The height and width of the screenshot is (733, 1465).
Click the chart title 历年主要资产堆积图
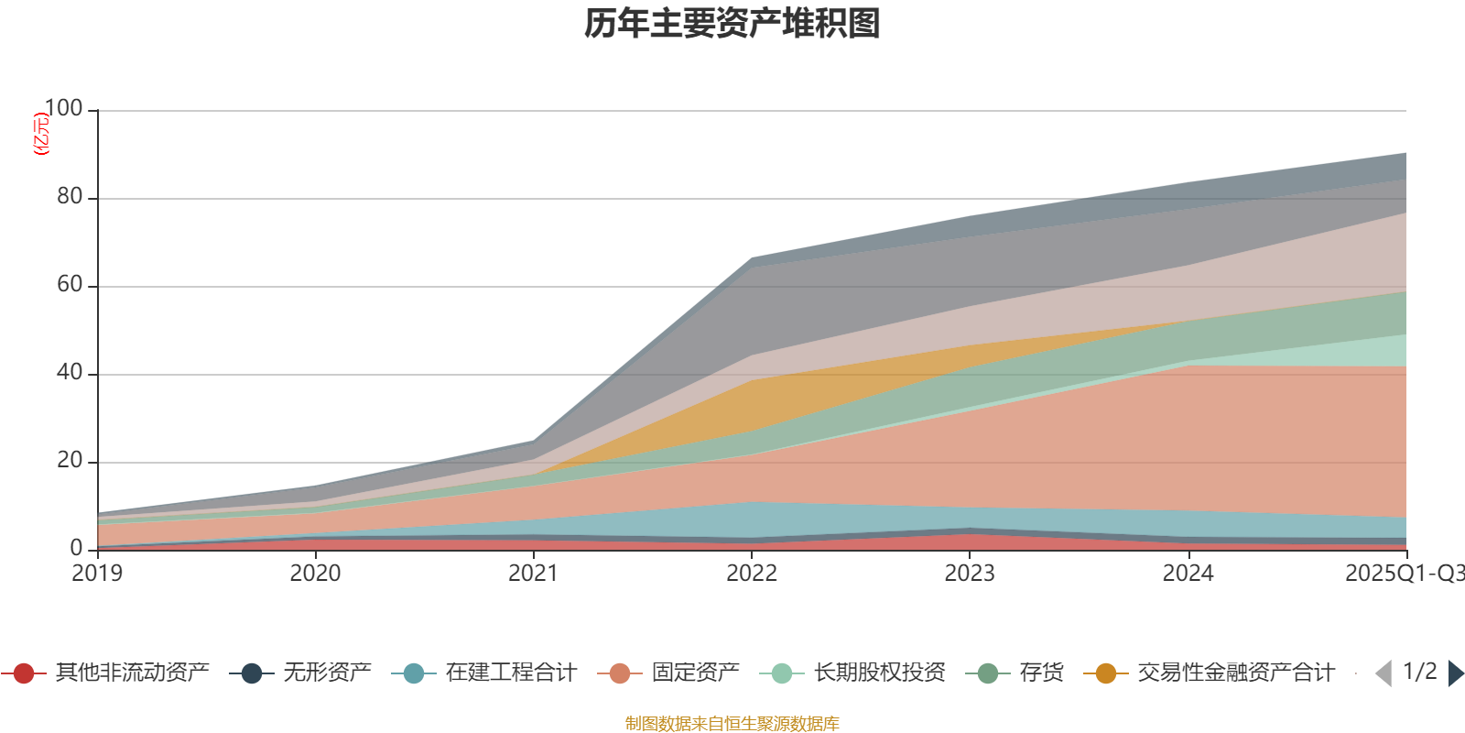point(732,24)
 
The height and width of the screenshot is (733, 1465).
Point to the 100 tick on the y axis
point(64,109)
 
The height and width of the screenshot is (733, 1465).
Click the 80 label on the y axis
point(70,197)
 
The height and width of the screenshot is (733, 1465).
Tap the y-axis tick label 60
point(70,285)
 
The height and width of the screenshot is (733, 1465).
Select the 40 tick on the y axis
point(70,373)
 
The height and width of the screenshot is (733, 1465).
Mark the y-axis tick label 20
point(70,461)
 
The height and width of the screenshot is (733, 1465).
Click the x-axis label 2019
point(97,574)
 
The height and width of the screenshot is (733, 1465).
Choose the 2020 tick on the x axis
point(315,574)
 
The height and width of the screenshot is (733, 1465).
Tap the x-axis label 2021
point(533,574)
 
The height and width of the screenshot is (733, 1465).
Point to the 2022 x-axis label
point(751,574)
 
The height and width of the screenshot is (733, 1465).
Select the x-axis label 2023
point(970,574)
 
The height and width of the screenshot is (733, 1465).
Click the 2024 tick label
point(1188,574)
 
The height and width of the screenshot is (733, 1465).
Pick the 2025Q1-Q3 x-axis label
point(1403,574)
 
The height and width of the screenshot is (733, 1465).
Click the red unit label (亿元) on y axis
point(40,134)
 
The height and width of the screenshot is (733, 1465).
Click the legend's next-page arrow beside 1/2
point(1455,673)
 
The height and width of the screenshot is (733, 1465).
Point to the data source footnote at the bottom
point(732,724)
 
